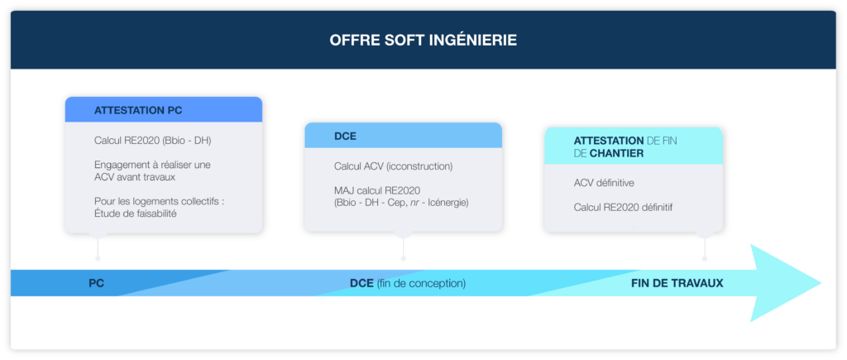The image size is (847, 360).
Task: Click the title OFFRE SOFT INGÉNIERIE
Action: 423,41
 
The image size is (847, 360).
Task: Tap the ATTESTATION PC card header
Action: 164,110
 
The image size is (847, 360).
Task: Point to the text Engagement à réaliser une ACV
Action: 152,170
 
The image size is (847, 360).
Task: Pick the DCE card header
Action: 404,136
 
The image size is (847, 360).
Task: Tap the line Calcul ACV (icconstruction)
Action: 393,166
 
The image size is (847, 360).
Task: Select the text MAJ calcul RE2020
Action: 377,190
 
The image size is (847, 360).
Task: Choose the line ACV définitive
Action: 604,183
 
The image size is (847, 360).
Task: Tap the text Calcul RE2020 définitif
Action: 623,208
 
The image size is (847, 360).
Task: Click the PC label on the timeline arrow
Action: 97,283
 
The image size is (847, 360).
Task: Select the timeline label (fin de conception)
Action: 421,283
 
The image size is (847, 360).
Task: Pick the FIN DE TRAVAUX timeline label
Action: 677,283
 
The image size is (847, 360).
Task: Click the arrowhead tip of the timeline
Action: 821,283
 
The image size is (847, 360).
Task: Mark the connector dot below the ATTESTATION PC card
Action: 98,258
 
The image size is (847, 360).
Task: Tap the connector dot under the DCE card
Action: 404,258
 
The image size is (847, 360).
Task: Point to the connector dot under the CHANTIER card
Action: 705,258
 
